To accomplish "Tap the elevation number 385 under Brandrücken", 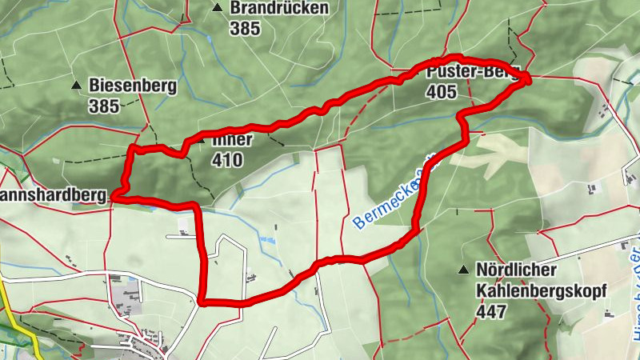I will pyautogui.click(x=244, y=29).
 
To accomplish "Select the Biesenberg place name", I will pyautogui.click(x=133, y=85).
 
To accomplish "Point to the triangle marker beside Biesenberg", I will pyautogui.click(x=76, y=85).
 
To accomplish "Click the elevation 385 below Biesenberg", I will pyautogui.click(x=105, y=106).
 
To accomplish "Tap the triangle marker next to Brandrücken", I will pyautogui.click(x=217, y=8).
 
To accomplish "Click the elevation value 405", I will pyautogui.click(x=442, y=93).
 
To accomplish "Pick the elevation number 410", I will pyautogui.click(x=228, y=160).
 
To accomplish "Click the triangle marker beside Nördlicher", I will pyautogui.click(x=463, y=270).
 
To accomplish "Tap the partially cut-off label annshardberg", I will pyautogui.click(x=53, y=194).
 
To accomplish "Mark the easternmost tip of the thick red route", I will pyautogui.click(x=528, y=78).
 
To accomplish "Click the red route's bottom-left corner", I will pyautogui.click(x=202, y=302).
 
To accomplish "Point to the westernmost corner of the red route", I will pyautogui.click(x=114, y=194).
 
